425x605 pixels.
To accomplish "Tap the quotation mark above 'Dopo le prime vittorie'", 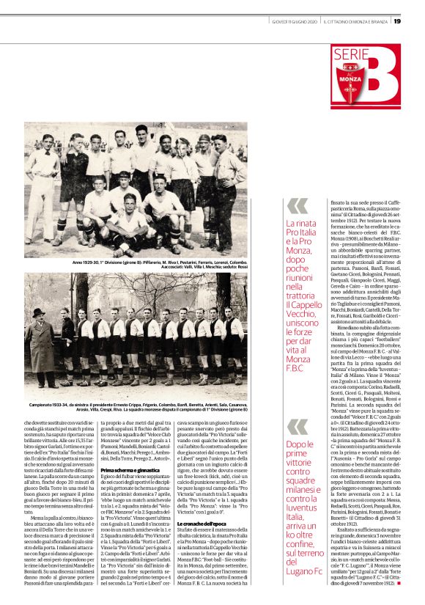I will click(x=297, y=425).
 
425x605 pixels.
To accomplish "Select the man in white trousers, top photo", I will click(x=42, y=183).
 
